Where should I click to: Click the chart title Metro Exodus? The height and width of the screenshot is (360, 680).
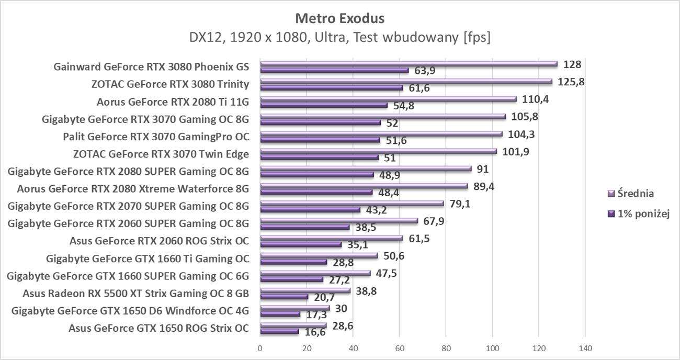click(x=339, y=18)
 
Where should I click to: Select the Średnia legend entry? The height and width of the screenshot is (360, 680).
click(x=631, y=194)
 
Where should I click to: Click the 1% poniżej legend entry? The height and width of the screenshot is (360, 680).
click(x=637, y=213)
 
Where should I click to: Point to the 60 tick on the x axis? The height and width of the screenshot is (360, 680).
click(x=399, y=348)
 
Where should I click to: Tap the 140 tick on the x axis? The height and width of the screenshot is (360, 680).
click(x=585, y=348)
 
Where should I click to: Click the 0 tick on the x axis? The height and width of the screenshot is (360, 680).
click(x=260, y=348)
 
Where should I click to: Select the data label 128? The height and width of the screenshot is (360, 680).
click(x=572, y=64)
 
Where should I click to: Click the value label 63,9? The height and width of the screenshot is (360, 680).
click(x=425, y=71)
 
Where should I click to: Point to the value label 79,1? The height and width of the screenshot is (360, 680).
click(x=460, y=204)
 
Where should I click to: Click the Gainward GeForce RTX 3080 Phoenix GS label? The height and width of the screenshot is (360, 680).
click(x=151, y=66)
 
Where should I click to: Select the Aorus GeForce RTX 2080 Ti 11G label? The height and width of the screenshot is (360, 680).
click(x=173, y=102)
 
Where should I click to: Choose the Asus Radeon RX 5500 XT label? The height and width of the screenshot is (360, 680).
click(x=136, y=294)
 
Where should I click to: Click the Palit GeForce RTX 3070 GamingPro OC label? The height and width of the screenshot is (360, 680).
click(x=156, y=137)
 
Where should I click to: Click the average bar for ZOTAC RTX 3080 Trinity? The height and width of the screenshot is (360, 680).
click(x=406, y=82)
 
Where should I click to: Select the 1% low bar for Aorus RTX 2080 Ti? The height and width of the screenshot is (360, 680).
click(x=324, y=105)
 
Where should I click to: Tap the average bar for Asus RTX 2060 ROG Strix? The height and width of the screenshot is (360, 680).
click(x=331, y=239)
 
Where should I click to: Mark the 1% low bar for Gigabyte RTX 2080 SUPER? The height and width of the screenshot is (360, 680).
click(x=317, y=175)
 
